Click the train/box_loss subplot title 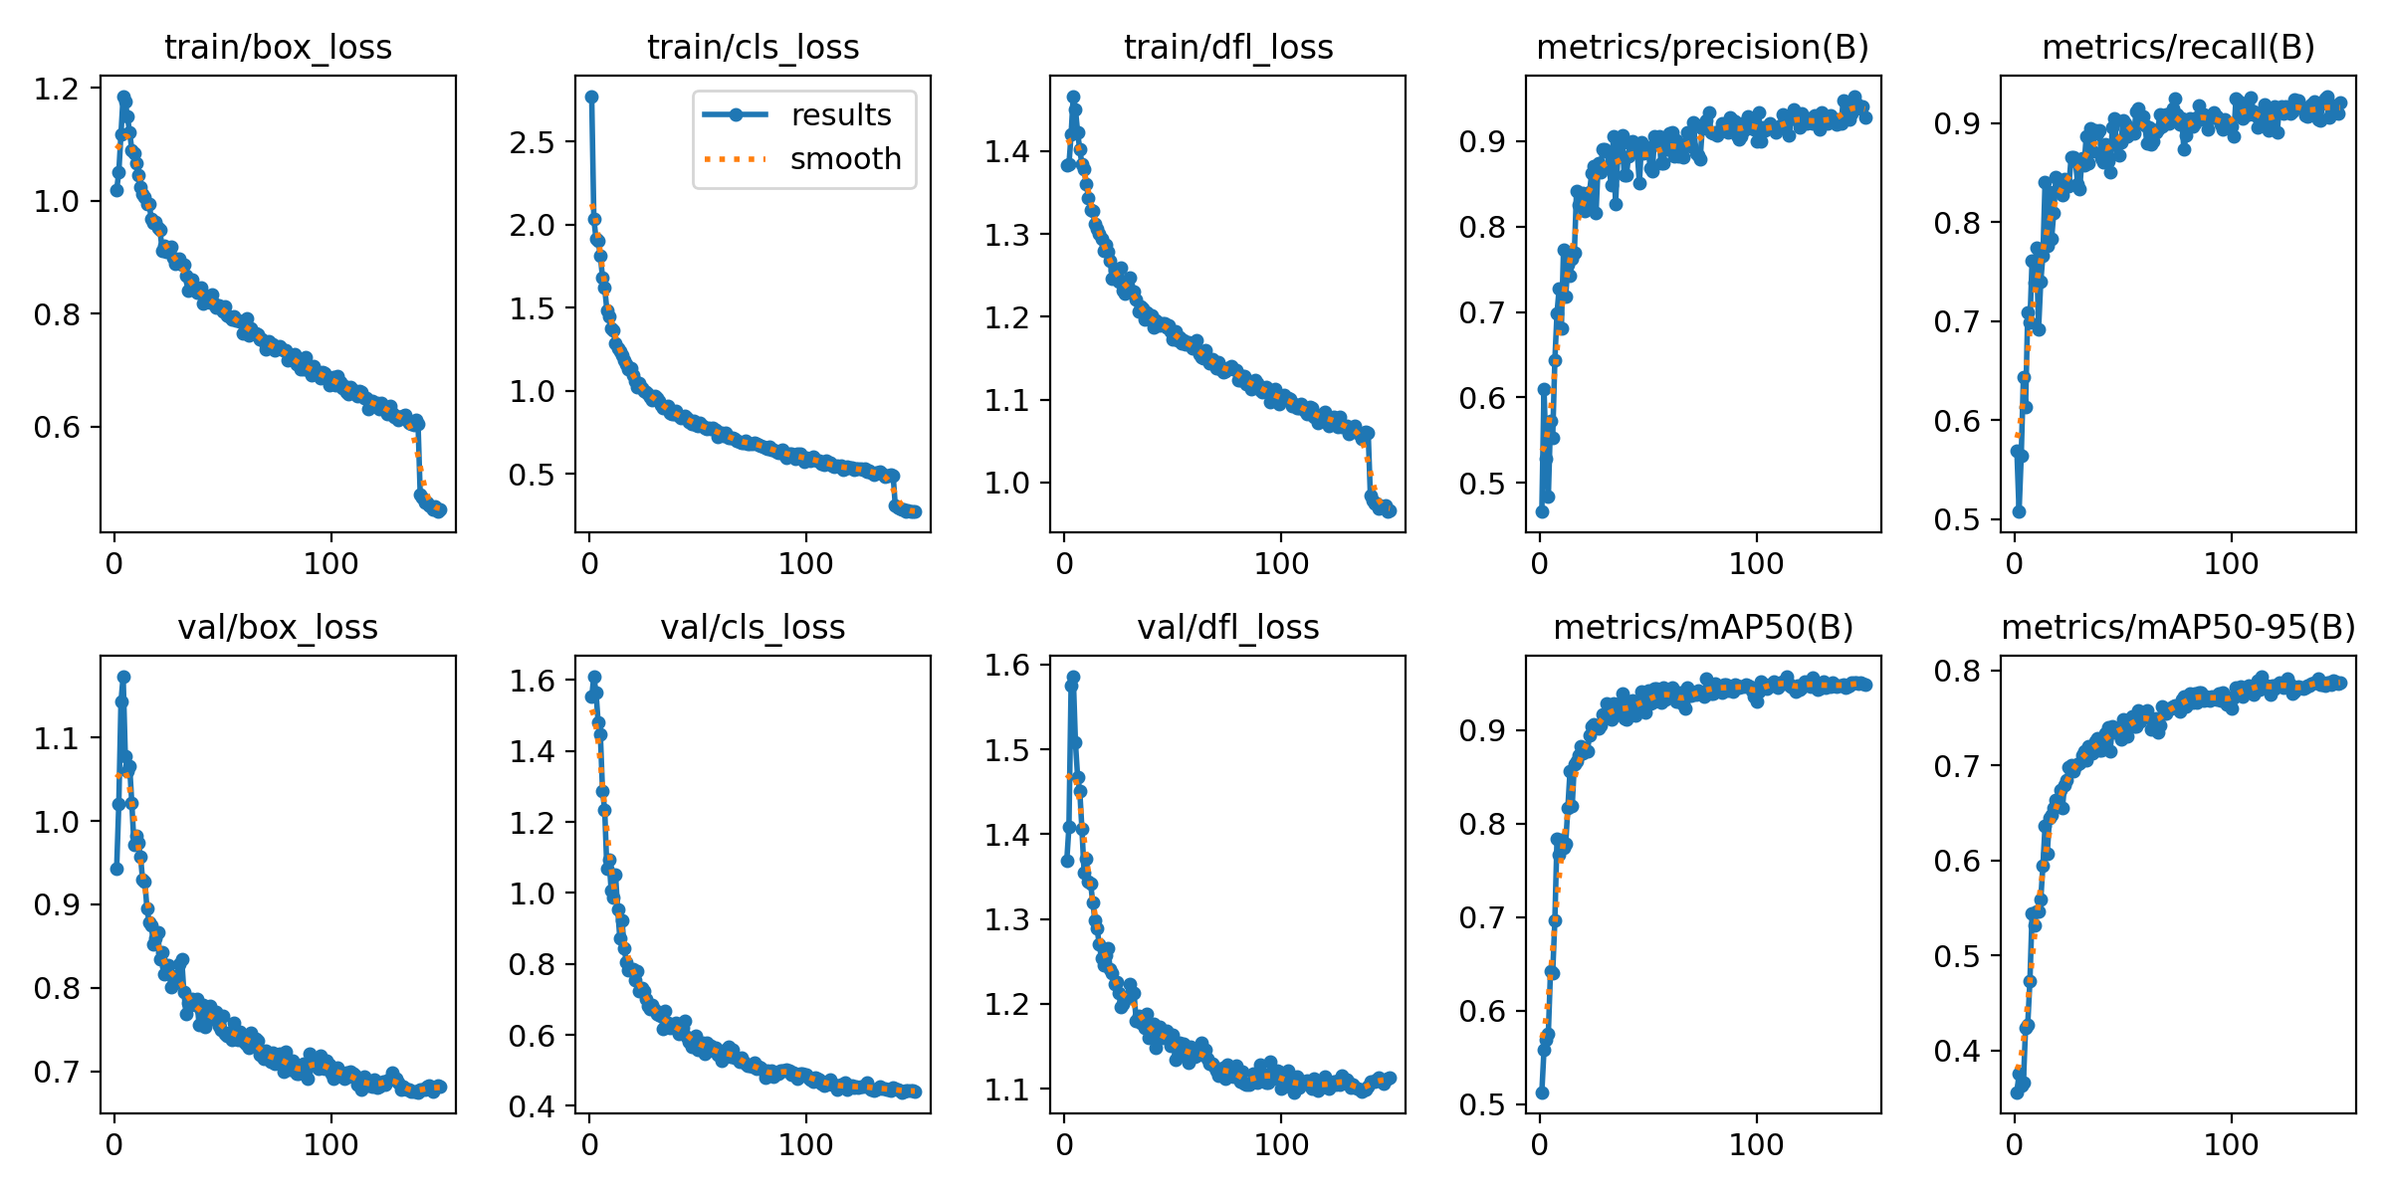coord(278,48)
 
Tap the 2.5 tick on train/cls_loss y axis coord(531,142)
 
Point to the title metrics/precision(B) coord(1702,48)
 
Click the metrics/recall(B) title coord(2178,48)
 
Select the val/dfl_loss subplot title coord(1227,628)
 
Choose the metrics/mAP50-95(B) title coord(2178,628)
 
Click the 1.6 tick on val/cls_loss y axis coord(531,682)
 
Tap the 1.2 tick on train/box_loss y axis coord(56,90)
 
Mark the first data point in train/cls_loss coord(591,98)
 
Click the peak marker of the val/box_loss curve coord(123,677)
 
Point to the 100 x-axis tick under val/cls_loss coord(805,1145)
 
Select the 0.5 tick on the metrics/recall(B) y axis coord(1956,520)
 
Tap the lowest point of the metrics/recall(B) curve coord(2019,511)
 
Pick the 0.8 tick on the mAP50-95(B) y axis coord(1956,672)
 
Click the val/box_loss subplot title coord(278,628)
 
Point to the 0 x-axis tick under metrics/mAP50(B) coord(1540,1145)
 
